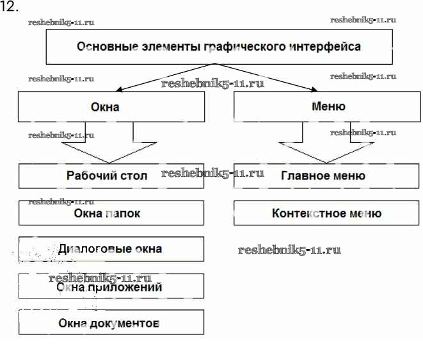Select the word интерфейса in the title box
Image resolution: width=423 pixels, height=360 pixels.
[x=324, y=47]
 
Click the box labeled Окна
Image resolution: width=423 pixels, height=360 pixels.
[x=111, y=107]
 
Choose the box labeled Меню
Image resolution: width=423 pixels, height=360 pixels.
[x=328, y=107]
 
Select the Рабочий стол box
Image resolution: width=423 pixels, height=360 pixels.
[x=111, y=176]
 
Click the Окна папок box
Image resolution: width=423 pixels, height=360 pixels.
[x=111, y=213]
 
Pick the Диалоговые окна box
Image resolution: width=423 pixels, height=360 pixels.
[x=111, y=249]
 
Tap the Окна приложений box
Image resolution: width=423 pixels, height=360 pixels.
[x=111, y=286]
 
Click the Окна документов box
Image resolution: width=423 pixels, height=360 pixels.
[x=111, y=322]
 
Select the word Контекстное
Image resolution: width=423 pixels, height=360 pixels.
[x=303, y=213]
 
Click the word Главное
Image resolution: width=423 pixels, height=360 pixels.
[x=303, y=176]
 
